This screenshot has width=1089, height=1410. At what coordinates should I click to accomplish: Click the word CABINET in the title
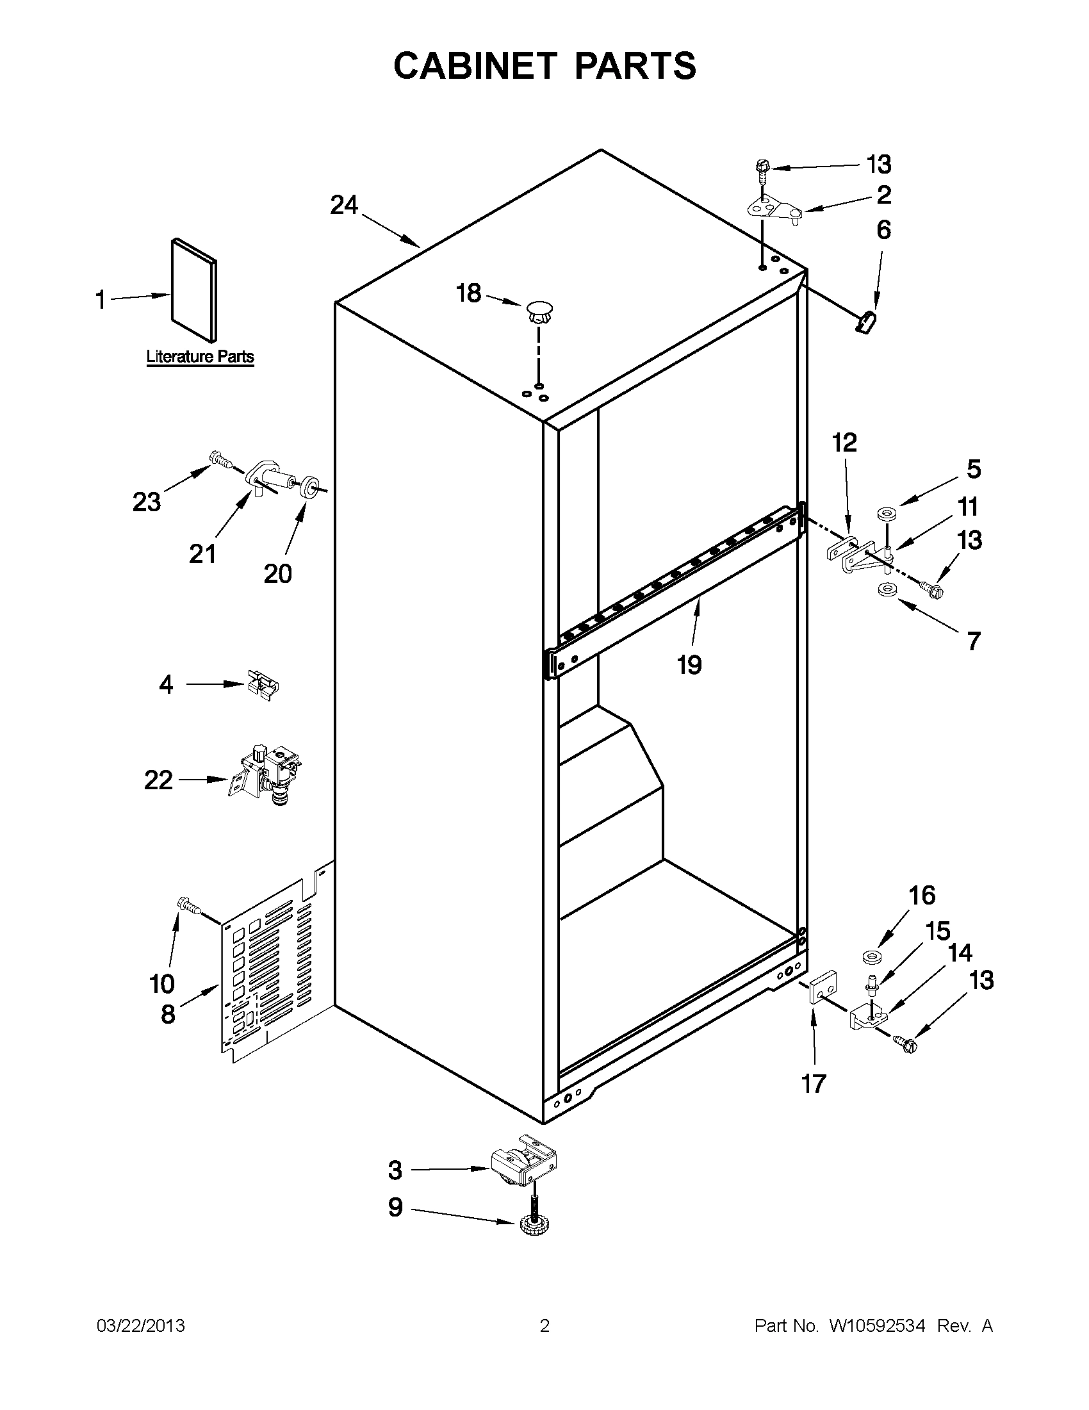[475, 66]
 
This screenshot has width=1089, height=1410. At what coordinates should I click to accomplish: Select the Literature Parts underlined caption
[200, 357]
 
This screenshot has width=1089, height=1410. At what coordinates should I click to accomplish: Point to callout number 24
[343, 206]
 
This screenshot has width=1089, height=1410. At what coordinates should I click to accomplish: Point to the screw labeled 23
[220, 461]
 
